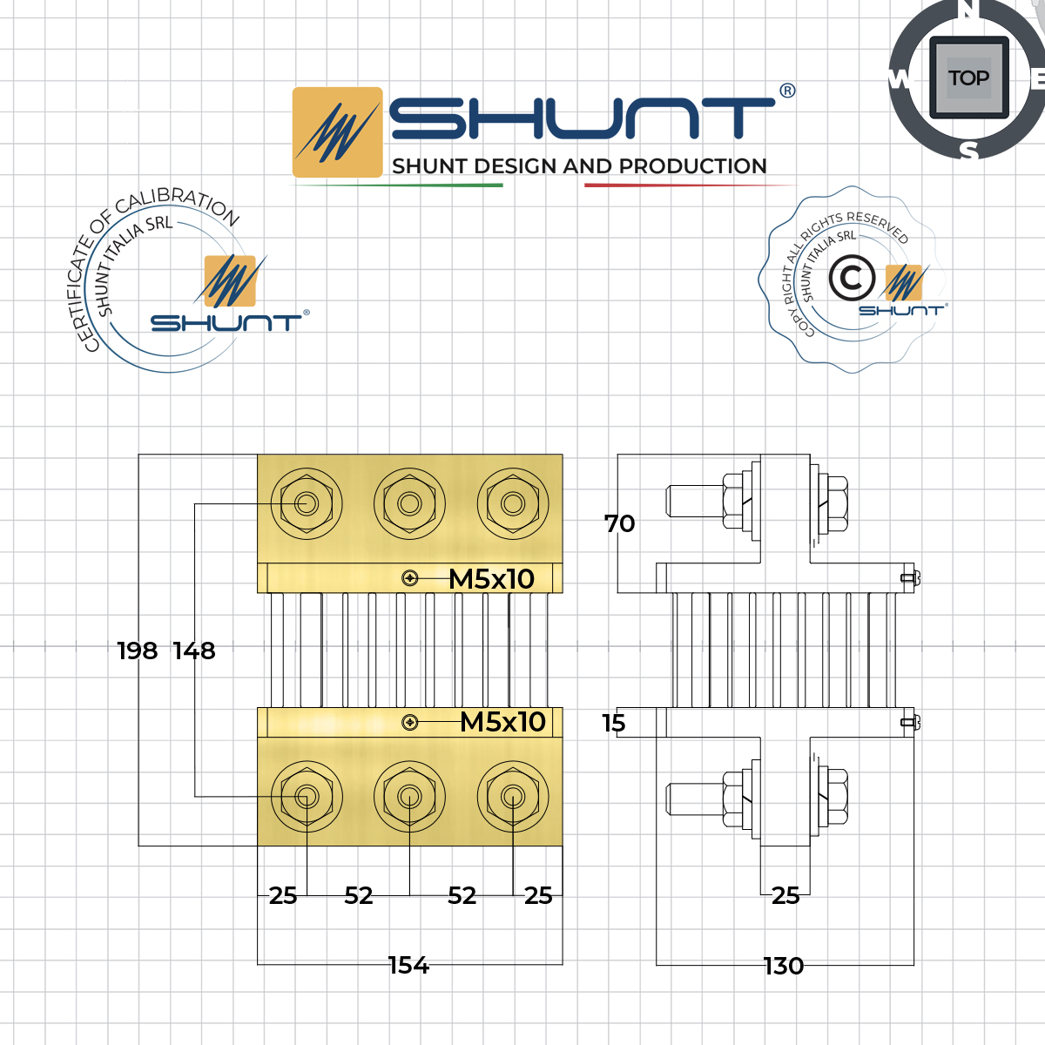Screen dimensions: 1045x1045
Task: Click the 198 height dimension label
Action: pos(138,651)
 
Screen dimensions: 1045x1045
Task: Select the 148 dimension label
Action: pos(194,651)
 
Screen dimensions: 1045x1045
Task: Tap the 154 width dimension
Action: pos(408,965)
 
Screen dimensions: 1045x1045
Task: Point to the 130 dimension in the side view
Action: pos(784,966)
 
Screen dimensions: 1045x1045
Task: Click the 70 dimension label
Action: pos(620,523)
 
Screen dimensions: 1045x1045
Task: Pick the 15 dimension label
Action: pos(614,723)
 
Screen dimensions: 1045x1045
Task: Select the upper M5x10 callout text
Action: pos(492,578)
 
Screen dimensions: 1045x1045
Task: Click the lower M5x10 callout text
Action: pos(503,722)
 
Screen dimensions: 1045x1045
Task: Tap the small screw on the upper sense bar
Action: pos(410,578)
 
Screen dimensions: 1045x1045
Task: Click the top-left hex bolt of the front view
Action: pos(306,503)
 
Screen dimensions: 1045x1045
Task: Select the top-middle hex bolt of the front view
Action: pos(409,503)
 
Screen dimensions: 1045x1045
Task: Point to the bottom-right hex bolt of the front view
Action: pos(513,796)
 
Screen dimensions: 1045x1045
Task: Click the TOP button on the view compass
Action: pos(968,78)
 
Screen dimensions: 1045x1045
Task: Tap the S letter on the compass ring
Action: pos(968,151)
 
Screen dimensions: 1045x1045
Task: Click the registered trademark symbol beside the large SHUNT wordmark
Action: pos(787,91)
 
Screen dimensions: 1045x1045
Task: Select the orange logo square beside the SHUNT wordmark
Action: pos(338,132)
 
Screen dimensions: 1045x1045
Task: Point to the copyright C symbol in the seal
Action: pos(852,279)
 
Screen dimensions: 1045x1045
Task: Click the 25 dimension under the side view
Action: pos(785,895)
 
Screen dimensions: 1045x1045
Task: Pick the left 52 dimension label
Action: pos(359,895)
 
